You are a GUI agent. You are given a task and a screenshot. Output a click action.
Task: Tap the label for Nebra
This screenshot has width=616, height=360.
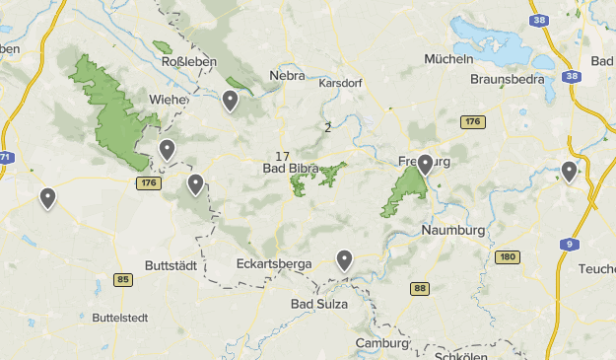(x=288, y=75)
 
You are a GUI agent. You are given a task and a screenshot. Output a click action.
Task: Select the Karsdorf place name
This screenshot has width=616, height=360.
(x=340, y=83)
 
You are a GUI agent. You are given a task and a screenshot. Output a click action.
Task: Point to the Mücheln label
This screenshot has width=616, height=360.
(x=450, y=58)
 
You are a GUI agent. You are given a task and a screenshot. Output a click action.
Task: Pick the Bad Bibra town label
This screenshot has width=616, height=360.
(x=290, y=170)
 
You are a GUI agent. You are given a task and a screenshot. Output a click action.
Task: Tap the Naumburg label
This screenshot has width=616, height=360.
(x=453, y=230)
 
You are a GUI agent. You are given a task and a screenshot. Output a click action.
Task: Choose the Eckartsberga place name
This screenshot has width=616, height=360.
(x=274, y=264)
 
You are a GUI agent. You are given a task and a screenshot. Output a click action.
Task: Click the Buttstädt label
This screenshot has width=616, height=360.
(x=172, y=266)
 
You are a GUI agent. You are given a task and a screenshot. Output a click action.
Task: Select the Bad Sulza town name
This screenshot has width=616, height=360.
(x=319, y=304)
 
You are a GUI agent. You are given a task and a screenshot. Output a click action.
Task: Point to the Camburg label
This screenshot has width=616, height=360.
(x=382, y=344)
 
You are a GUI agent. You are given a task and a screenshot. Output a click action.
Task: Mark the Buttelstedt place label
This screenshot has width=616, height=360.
(x=119, y=318)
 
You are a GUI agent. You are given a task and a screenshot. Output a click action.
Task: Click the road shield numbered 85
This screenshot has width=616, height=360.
(x=122, y=280)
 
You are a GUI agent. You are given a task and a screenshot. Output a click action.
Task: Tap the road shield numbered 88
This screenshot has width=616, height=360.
(x=421, y=288)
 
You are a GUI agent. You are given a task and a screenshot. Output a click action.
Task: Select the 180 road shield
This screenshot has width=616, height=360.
(x=507, y=257)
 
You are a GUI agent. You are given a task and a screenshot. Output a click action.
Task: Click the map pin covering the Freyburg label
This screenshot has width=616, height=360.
(x=425, y=165)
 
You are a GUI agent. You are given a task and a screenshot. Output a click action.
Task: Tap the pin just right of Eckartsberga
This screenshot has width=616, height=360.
(x=344, y=259)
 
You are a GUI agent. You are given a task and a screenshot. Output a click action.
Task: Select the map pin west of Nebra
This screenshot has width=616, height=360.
(x=230, y=100)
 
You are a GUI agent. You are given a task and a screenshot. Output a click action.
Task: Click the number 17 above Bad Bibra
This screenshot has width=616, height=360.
(x=283, y=156)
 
